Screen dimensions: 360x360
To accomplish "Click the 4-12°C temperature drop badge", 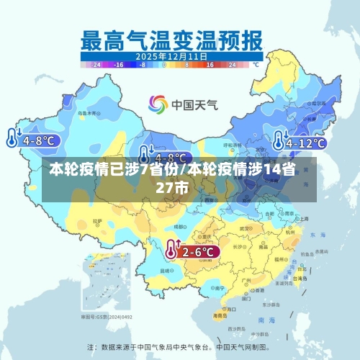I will [305, 143].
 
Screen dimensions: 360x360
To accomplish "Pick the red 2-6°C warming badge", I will [198, 252].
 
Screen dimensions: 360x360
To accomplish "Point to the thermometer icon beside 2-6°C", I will [171, 250].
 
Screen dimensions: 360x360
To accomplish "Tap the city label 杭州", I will [289, 233].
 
